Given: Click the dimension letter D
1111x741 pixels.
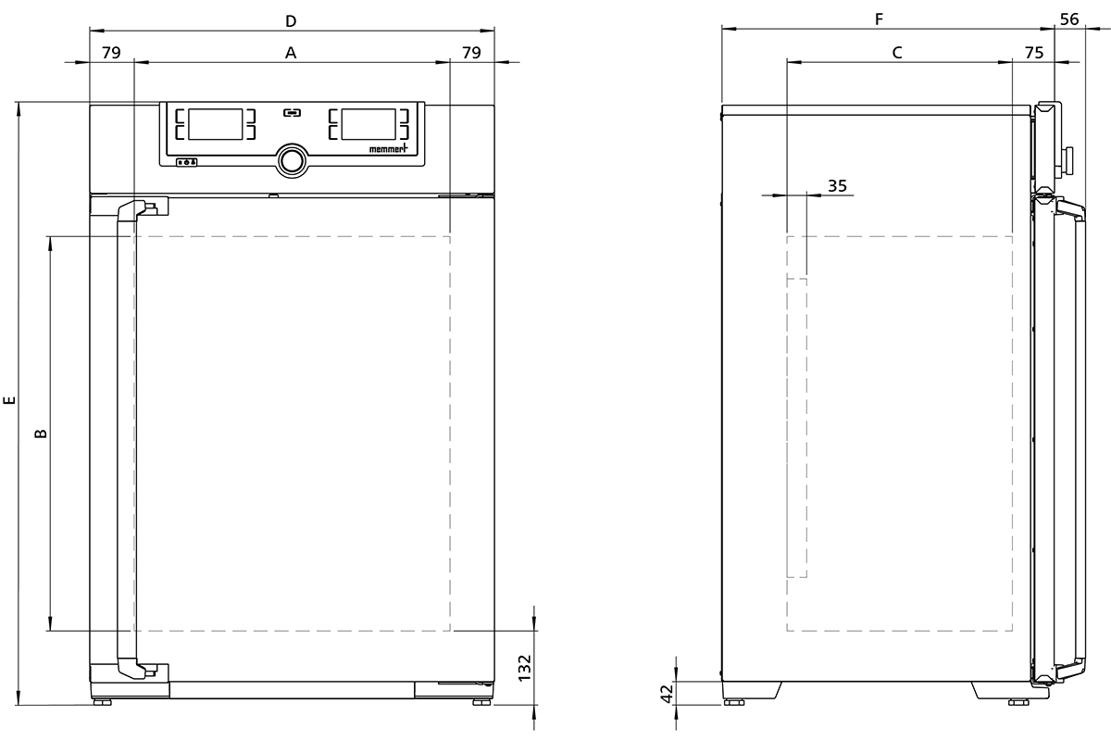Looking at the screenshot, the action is click(x=291, y=21).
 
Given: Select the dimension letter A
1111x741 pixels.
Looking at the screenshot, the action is click(x=291, y=53).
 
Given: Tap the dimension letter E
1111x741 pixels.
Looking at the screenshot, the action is click(x=9, y=400).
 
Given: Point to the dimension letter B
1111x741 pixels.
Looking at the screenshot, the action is click(x=41, y=433).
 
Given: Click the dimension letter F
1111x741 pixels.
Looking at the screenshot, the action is click(x=879, y=19).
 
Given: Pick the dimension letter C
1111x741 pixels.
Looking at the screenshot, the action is click(x=897, y=53).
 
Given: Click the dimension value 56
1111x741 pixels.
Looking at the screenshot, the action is click(x=1069, y=19).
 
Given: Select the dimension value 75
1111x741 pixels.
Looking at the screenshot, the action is click(x=1034, y=53).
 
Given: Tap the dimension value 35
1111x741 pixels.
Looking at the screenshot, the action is click(x=837, y=186).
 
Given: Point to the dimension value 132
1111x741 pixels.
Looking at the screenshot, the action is click(x=524, y=668).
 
